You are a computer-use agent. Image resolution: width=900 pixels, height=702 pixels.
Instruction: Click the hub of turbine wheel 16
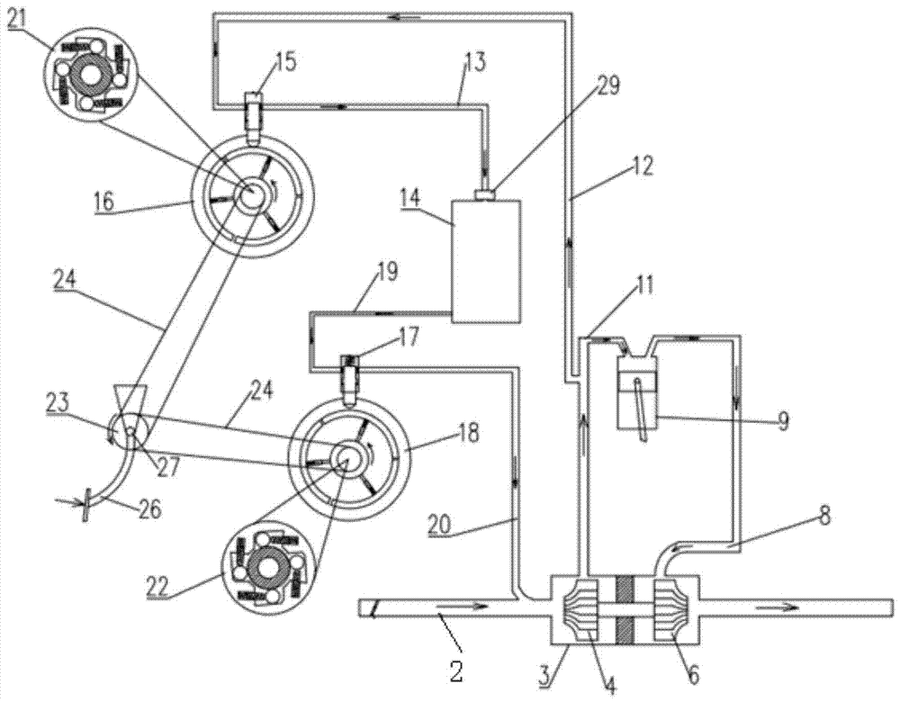(247, 191)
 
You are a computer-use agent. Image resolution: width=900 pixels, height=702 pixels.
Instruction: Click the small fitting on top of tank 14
(487, 193)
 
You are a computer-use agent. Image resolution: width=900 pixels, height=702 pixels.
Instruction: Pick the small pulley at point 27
(130, 433)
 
